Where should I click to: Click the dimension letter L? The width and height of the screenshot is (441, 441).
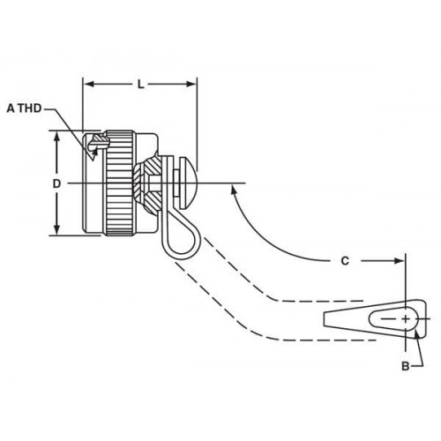pos(141,85)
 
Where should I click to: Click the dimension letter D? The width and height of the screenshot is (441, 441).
pos(56,183)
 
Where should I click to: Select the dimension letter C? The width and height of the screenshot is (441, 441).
pos(345,261)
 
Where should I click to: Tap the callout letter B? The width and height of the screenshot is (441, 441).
pos(406,366)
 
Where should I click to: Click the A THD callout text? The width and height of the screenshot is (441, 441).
pos(24,108)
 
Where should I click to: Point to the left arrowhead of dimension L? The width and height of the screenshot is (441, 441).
pos(89,85)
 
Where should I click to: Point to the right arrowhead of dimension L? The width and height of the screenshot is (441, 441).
pos(191,85)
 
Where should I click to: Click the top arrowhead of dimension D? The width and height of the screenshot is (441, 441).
pos(57,137)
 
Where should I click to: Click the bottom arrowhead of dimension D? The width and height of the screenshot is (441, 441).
pos(57,229)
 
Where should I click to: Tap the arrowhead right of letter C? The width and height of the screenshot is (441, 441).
pos(399,261)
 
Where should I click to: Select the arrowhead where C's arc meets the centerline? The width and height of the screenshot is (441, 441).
pos(234,189)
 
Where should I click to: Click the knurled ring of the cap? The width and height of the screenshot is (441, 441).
pos(119,183)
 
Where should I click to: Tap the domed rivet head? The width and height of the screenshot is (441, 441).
pos(187,183)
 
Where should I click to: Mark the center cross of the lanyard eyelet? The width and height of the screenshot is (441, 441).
pos(406,318)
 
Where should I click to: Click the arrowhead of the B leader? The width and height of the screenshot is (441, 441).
pos(415,334)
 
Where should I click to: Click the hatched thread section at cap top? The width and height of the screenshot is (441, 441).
pos(101,140)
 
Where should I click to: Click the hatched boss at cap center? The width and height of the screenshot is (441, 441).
pos(147,183)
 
